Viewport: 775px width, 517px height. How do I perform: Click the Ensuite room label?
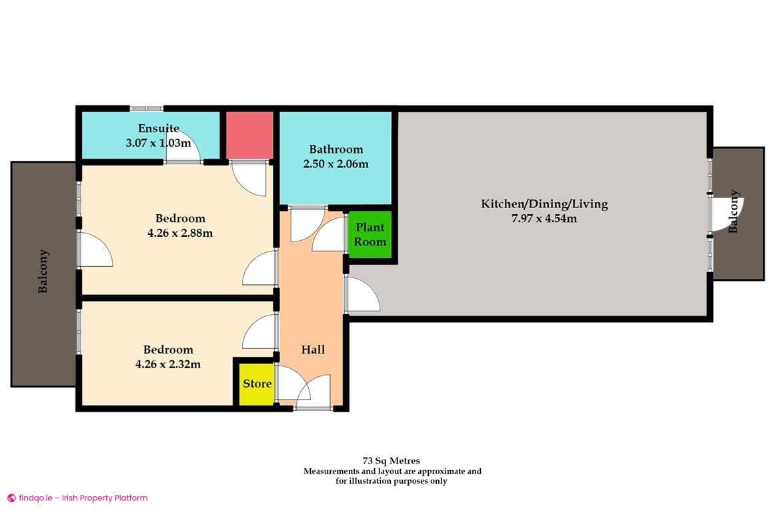click(159, 128)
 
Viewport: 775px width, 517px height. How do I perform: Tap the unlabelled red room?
click(249, 135)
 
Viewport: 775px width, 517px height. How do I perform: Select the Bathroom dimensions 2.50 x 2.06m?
click(335, 163)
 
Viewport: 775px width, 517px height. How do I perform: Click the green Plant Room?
click(369, 235)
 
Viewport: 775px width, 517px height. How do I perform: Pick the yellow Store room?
click(257, 384)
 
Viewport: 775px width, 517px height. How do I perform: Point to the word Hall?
click(313, 350)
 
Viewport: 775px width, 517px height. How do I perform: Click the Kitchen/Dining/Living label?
click(544, 203)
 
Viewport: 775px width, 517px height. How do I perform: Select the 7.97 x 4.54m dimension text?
click(544, 217)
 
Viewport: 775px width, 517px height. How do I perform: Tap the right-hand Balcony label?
click(734, 212)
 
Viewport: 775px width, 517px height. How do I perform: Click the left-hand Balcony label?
click(43, 272)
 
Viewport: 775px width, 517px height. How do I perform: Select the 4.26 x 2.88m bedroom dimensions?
click(180, 233)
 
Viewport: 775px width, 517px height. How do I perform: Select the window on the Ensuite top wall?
click(146, 108)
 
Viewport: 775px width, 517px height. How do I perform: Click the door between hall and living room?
click(362, 295)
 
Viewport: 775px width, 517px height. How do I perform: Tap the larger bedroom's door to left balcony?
click(95, 249)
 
